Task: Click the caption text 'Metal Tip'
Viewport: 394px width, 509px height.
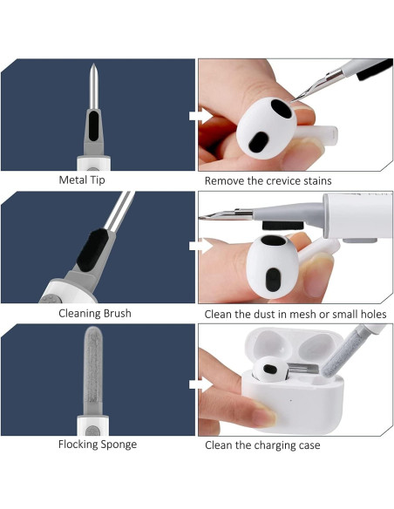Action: (x=84, y=180)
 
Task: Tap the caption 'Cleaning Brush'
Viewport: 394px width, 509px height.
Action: (x=95, y=313)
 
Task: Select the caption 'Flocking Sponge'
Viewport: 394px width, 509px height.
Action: (x=97, y=445)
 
